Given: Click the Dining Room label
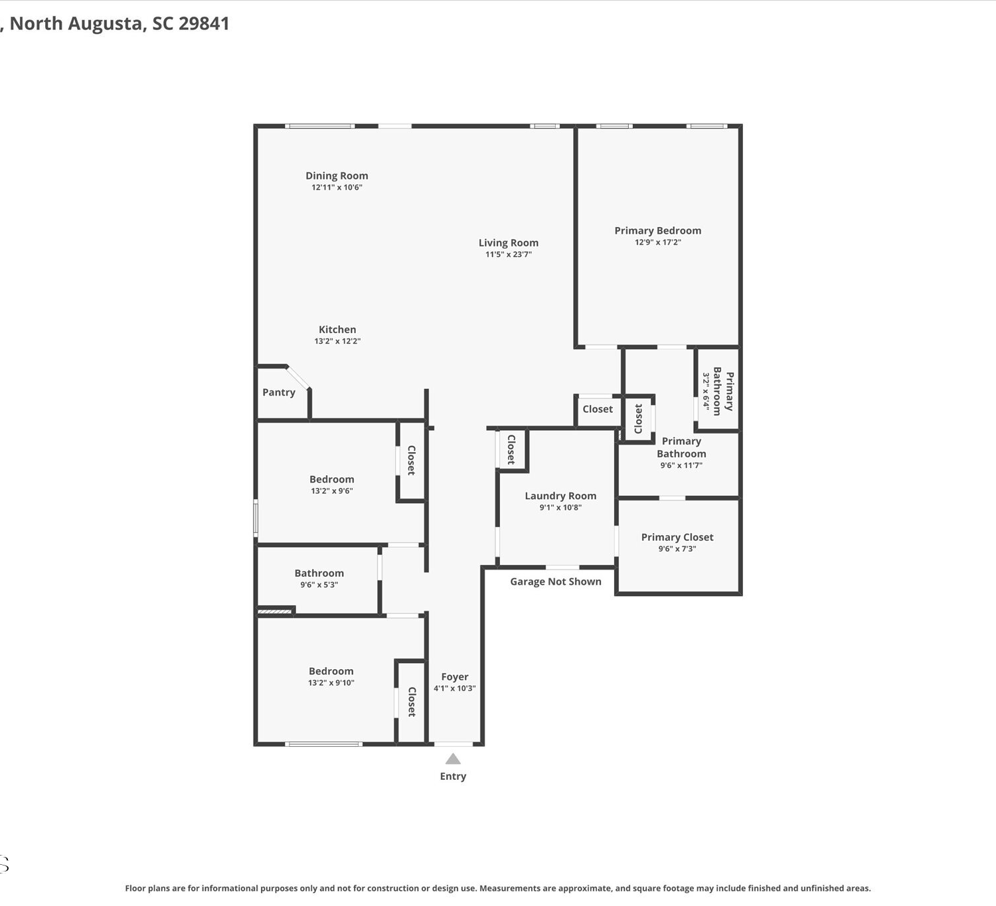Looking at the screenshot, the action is (337, 176).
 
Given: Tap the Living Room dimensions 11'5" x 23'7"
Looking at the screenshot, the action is (509, 254).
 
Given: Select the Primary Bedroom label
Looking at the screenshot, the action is (658, 231).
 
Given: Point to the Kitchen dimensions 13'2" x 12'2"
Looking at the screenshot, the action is (337, 341).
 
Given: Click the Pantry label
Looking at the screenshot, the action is (278, 393).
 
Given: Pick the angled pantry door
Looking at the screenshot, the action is (298, 378).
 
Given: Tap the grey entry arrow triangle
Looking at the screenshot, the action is (453, 759).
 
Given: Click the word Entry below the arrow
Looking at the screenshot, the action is (453, 777).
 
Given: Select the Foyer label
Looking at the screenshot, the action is (455, 676).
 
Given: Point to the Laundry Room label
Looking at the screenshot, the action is (560, 496).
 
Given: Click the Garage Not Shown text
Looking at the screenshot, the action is (556, 581).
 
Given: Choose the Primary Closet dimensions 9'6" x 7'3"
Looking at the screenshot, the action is (677, 548).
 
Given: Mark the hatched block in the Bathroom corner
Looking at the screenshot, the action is (275, 611).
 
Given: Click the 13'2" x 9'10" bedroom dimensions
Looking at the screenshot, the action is (331, 682).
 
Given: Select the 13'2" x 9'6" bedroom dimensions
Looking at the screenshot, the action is (332, 491).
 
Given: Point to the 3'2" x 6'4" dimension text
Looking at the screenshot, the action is (706, 391).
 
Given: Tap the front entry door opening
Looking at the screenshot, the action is (454, 743).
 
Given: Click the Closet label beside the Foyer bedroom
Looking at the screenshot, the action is (412, 702).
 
